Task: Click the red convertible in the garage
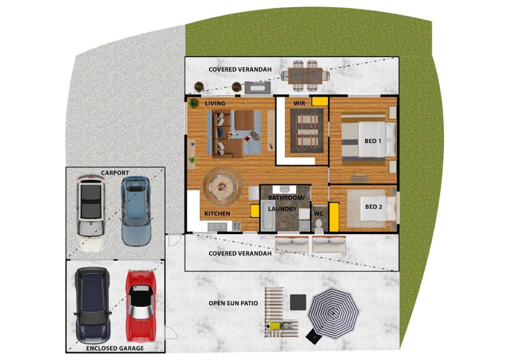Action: coord(140,306)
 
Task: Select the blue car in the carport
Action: coord(136,211)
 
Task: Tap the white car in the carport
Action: coord(91,213)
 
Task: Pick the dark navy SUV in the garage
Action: coord(92,305)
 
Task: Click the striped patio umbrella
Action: coord(333,313)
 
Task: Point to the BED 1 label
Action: coord(372,141)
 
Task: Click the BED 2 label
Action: coord(373,206)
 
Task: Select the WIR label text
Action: coord(299,103)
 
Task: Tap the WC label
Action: coord(319,213)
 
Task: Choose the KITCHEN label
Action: coord(217,213)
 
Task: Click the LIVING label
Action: coord(215,103)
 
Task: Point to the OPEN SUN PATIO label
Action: coord(233,303)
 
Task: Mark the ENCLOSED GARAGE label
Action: coord(115,348)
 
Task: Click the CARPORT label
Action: coord(115,173)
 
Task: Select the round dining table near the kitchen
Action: coord(222,187)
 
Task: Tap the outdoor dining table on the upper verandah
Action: coord(305,76)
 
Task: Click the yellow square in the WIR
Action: coord(320,101)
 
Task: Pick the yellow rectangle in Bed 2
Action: coord(334,217)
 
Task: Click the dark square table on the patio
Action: coord(298,302)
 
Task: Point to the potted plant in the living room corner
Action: coord(194,103)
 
